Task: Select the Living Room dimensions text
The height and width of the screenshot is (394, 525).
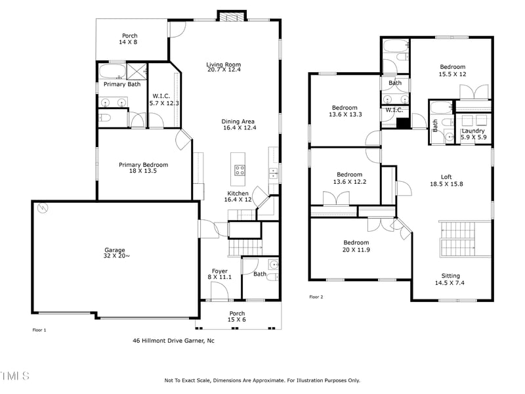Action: click(x=223, y=70)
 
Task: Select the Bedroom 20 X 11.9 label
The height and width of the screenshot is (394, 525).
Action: click(x=355, y=246)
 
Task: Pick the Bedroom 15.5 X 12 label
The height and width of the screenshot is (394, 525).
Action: click(x=452, y=70)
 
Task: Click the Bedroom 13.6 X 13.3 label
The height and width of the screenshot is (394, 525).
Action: click(x=345, y=111)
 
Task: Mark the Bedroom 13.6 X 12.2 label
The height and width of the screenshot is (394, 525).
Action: click(x=345, y=178)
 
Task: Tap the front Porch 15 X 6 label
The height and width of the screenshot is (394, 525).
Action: click(x=237, y=317)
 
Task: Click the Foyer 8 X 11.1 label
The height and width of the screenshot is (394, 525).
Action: click(x=219, y=274)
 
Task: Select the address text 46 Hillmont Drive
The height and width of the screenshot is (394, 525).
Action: click(x=173, y=341)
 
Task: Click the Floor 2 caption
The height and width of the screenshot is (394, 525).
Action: click(x=316, y=297)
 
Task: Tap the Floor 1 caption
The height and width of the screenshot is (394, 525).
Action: click(x=39, y=330)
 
